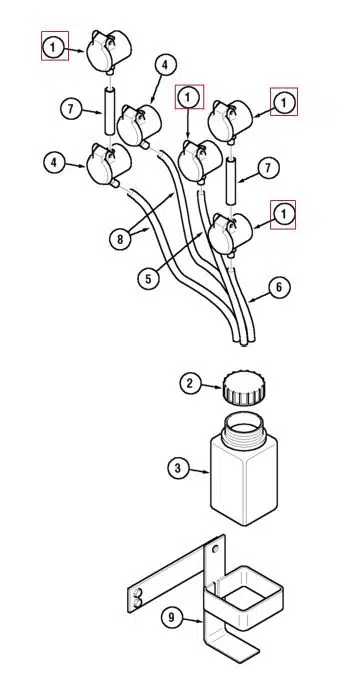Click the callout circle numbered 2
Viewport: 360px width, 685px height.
click(190, 384)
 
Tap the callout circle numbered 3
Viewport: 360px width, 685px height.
click(178, 468)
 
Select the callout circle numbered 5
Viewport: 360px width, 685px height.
click(149, 279)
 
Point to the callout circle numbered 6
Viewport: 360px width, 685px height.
click(279, 287)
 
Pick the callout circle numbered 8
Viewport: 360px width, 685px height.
click(121, 239)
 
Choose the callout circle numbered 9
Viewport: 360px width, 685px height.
click(172, 617)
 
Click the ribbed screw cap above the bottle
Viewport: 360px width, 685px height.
click(244, 388)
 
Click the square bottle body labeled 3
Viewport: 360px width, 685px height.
click(244, 481)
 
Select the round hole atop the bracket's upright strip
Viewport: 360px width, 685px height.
click(215, 549)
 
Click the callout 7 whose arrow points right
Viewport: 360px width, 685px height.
click(71, 109)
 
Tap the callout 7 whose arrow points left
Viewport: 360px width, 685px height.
click(269, 168)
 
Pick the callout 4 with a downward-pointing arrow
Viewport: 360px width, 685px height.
click(164, 65)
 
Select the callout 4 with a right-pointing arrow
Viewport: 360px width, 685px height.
click(54, 163)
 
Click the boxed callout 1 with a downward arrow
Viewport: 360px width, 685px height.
click(189, 97)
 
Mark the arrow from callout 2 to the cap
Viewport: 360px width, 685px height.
click(211, 386)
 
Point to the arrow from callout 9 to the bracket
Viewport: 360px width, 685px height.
click(193, 620)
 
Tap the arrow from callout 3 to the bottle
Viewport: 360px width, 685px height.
click(199, 471)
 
